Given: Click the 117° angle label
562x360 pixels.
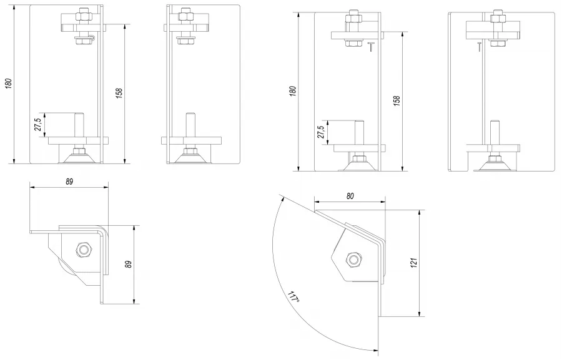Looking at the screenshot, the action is coord(293,298).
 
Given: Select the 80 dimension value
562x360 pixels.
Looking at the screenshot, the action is coord(350,196).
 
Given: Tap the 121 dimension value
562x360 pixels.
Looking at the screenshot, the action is coord(414,263).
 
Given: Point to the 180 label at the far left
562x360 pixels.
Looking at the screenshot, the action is coord(9,83).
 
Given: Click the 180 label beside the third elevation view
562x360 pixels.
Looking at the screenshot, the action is coord(293,90).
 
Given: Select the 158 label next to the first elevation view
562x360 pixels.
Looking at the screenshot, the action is coord(119,93).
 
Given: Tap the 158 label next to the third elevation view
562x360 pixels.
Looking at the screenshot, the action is coord(397,100).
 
